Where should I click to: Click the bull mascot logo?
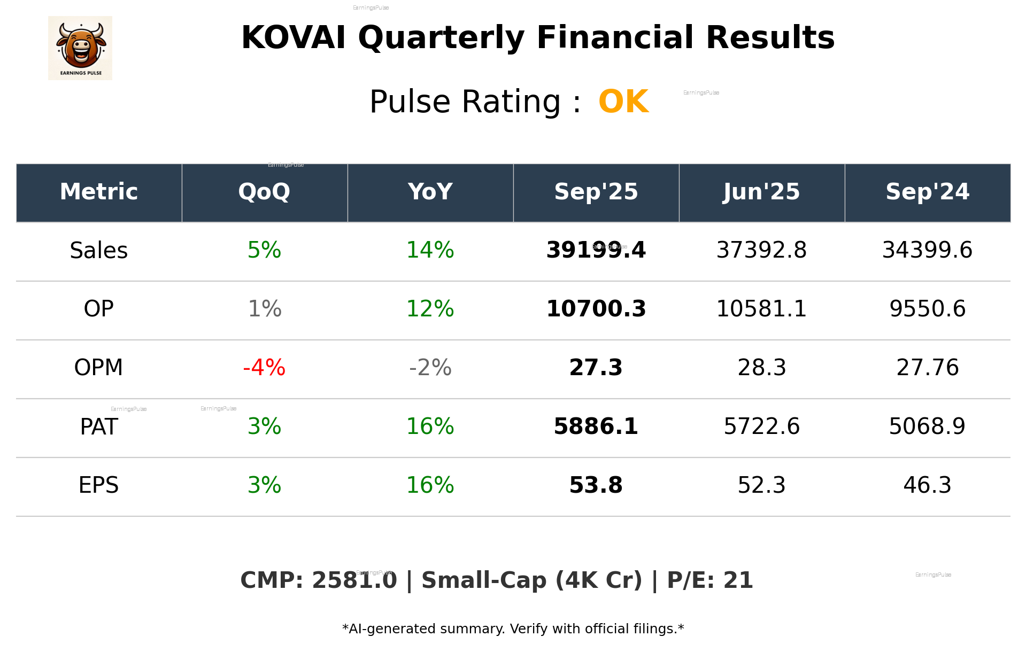(80, 48)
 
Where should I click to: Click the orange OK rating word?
(623, 102)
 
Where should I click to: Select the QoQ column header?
(264, 192)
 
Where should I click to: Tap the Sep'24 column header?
(927, 192)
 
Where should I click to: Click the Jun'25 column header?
(761, 192)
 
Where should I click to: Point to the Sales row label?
(99, 251)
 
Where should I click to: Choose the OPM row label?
(99, 368)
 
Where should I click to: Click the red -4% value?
(264, 368)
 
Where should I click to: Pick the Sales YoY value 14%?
(430, 251)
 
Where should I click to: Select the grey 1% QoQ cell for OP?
(265, 309)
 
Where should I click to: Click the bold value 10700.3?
(596, 309)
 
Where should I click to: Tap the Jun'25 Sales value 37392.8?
(761, 251)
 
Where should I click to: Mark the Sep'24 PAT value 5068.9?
(927, 426)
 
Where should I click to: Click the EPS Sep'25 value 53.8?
(596, 485)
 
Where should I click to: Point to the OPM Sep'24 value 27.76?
(927, 368)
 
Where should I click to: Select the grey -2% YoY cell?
(430, 368)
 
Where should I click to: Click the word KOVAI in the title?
(293, 38)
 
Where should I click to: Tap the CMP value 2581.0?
(354, 581)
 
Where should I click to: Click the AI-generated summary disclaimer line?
(513, 629)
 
